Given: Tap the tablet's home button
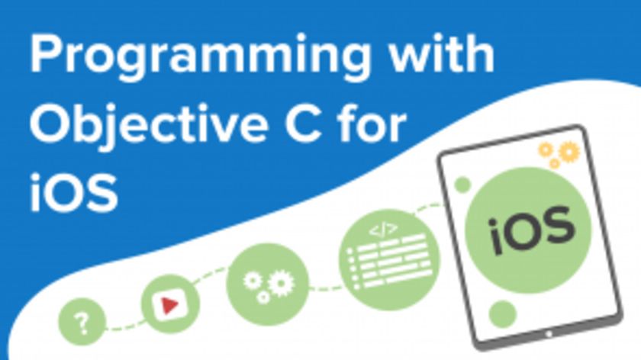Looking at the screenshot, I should (x=548, y=334).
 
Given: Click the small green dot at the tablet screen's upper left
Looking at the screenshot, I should (x=462, y=184).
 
